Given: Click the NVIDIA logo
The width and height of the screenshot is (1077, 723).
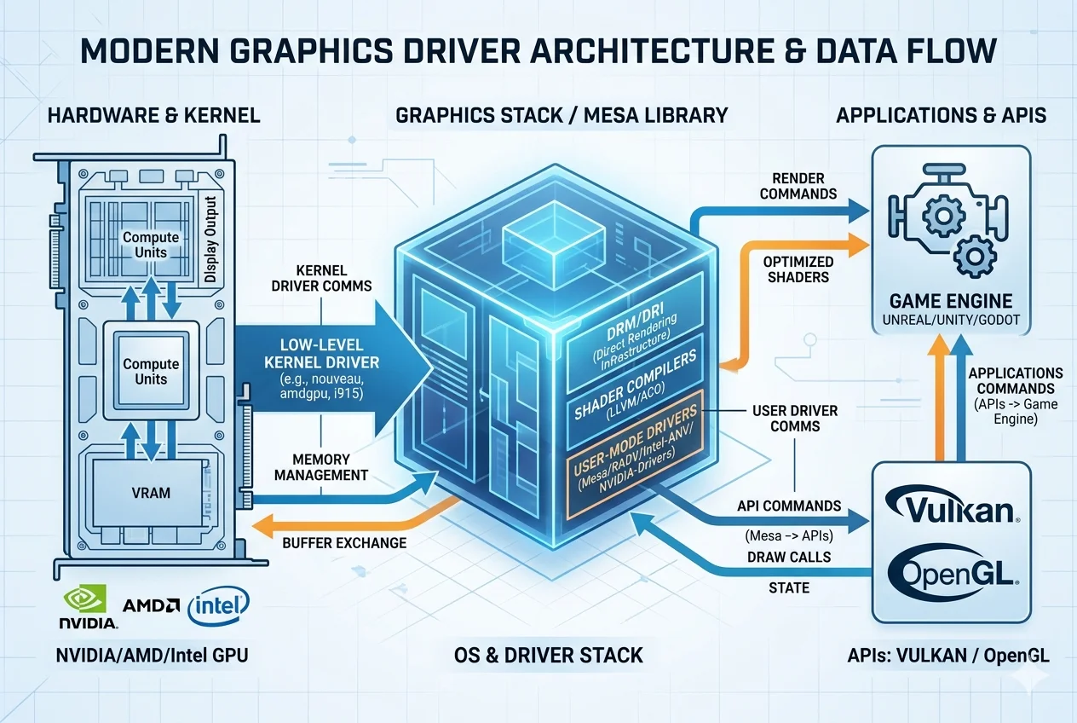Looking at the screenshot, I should tap(87, 607).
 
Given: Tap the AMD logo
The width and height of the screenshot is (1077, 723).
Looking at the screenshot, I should tap(151, 605).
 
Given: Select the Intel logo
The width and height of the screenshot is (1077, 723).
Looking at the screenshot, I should tap(219, 606).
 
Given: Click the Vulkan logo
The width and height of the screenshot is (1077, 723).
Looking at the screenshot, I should tap(952, 510).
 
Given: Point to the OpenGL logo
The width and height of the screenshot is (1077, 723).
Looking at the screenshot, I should tap(952, 573).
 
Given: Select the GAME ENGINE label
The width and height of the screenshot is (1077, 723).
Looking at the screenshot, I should tap(951, 300).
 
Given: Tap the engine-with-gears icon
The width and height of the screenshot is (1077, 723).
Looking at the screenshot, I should tap(947, 221).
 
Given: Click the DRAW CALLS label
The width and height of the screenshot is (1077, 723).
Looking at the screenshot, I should tap(789, 557).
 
